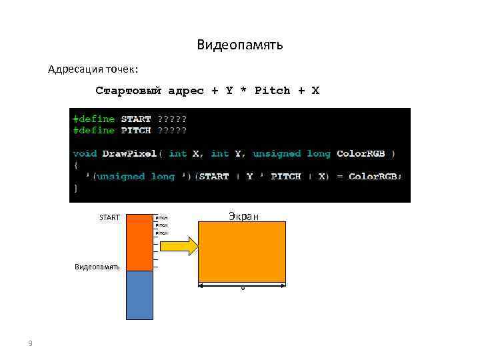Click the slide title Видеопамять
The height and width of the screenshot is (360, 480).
click(x=240, y=45)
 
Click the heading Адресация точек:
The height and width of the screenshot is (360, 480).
click(x=93, y=69)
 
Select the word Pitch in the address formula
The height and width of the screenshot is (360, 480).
click(x=273, y=90)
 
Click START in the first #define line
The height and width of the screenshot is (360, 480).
click(x=136, y=119)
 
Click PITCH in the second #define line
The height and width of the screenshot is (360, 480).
click(x=136, y=130)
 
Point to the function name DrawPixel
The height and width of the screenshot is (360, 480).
click(x=129, y=153)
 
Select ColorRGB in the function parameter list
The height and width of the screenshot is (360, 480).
click(x=361, y=153)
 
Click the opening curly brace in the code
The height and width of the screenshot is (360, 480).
click(x=75, y=165)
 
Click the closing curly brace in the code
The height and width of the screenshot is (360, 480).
click(x=75, y=188)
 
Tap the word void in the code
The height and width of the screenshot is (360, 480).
click(x=85, y=153)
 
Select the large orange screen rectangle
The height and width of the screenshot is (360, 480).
click(x=242, y=251)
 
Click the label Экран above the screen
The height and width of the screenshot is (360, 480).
click(x=243, y=215)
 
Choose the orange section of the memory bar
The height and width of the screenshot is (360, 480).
click(x=139, y=242)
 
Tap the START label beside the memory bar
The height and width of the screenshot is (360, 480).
click(x=109, y=217)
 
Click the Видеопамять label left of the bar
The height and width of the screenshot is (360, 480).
click(x=97, y=267)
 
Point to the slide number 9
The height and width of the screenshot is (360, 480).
click(x=30, y=343)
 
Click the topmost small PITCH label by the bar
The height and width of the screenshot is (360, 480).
click(x=161, y=218)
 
